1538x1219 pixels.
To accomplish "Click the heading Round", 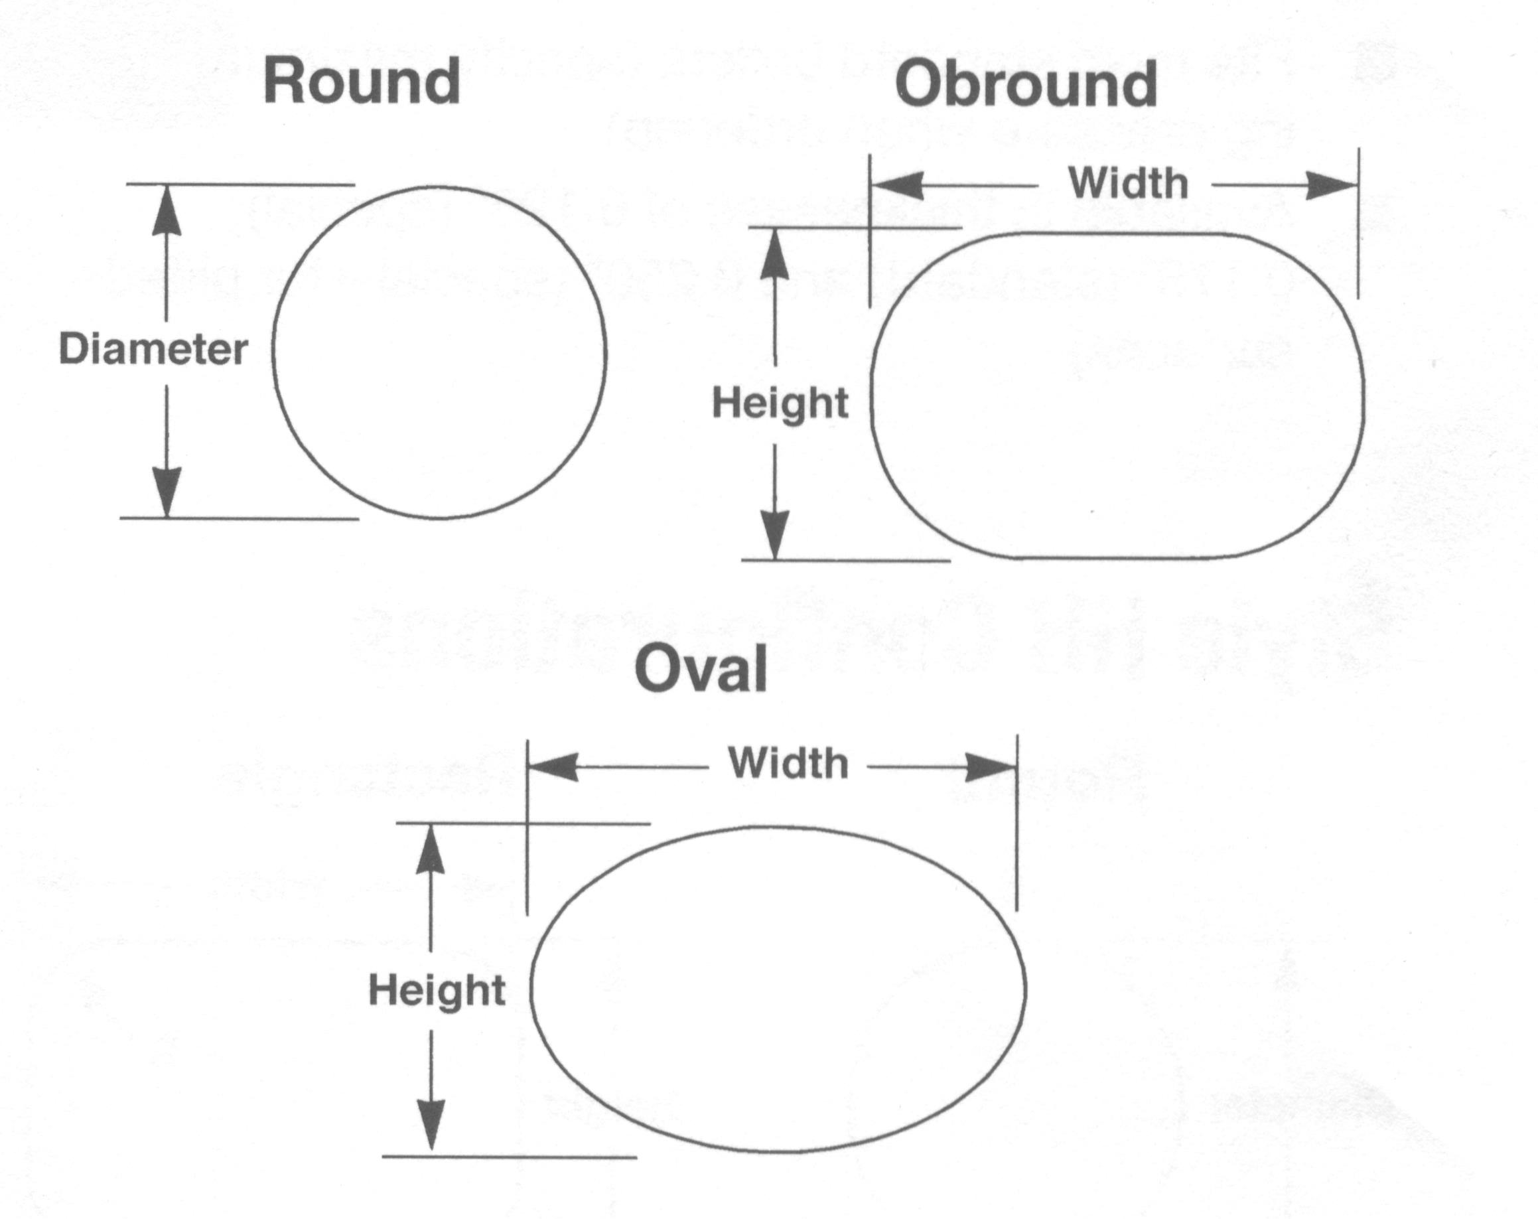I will coord(362,82).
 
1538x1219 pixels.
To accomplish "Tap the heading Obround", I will coord(1026,84).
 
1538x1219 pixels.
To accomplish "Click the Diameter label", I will coord(153,350).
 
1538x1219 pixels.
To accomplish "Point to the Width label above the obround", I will coord(1128,183).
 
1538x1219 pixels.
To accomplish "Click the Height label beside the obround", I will coord(780,403).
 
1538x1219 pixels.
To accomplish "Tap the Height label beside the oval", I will coord(437,991).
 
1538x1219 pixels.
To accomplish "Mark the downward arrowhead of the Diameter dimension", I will coord(167,492).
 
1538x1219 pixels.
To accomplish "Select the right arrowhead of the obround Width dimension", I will coord(1331,186).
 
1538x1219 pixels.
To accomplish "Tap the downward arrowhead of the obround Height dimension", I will coord(776,534).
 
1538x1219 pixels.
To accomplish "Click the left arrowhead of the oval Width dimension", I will coord(553,768).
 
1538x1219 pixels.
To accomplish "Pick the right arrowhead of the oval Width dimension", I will coord(990,768).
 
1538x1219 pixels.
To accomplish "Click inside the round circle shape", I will coord(439,352).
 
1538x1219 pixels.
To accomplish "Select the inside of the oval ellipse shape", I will coord(778,989).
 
